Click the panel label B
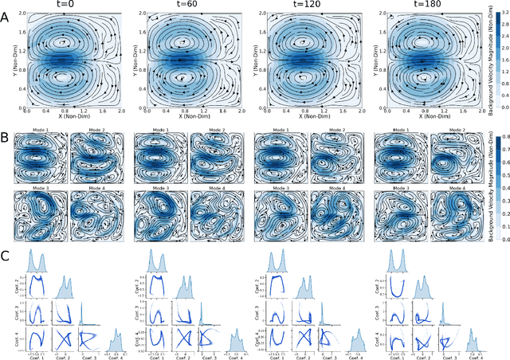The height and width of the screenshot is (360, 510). (6, 118)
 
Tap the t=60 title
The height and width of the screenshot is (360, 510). (185, 6)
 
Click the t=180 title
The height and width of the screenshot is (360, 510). (424, 6)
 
